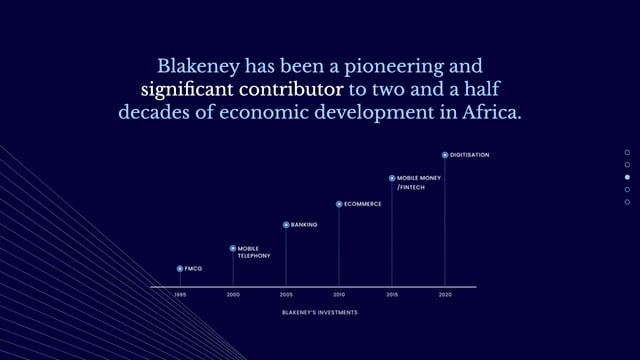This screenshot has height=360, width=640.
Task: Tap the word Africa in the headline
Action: [x=490, y=112]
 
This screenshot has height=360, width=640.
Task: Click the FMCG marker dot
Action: [x=180, y=269]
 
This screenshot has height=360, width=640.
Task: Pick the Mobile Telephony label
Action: [x=254, y=252]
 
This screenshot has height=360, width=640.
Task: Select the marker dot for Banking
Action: [x=286, y=225]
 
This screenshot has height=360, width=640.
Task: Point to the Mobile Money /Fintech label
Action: [x=418, y=182]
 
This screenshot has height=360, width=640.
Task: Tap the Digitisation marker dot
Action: [x=445, y=155]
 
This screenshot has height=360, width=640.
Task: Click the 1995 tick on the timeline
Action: [x=180, y=295]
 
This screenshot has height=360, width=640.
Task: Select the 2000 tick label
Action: [x=233, y=295]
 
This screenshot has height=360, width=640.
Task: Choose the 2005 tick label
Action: [x=286, y=295]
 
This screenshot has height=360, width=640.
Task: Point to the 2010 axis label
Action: [x=339, y=295]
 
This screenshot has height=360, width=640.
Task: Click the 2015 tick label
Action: [x=392, y=295]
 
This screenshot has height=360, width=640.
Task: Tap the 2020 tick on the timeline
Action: [x=445, y=295]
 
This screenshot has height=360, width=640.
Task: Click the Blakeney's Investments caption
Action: [x=320, y=312]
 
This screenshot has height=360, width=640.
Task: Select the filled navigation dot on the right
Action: [x=627, y=177]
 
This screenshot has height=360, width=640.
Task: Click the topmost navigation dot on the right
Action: [x=627, y=152]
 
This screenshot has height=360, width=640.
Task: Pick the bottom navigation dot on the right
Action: [x=627, y=202]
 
